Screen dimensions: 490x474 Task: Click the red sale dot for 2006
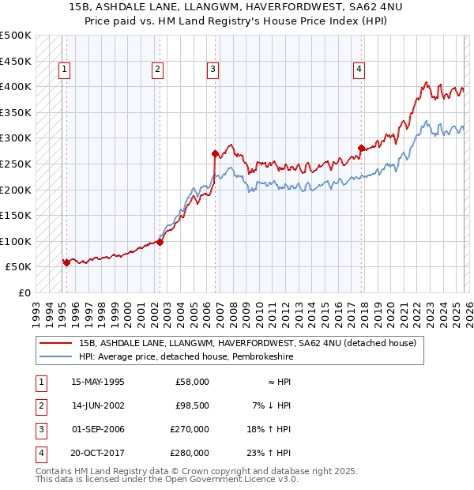(x=215, y=153)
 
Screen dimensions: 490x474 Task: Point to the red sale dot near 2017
(x=361, y=148)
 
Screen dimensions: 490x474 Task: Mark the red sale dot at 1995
(x=66, y=262)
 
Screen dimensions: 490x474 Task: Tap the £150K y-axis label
(x=16, y=215)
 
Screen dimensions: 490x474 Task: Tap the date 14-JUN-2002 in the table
(x=98, y=406)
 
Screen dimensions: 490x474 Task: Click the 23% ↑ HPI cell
(x=274, y=453)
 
